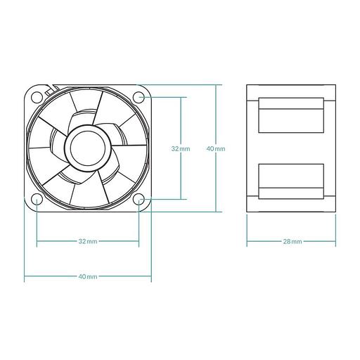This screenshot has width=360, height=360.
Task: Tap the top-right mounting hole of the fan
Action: pos(140,96)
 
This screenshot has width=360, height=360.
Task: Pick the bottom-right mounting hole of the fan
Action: pos(140,200)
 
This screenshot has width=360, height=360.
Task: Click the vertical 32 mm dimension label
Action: pos(180,148)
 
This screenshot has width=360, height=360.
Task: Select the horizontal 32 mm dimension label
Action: pos(88,241)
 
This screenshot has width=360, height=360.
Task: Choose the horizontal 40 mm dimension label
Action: pos(88,277)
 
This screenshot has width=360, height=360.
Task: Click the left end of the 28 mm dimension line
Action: pos(247,241)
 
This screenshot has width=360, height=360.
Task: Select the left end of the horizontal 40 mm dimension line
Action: pos(25,277)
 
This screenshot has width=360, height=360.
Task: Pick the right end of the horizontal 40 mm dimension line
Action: pos(151,277)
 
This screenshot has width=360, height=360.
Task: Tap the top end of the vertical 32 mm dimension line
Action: pos(181,96)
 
